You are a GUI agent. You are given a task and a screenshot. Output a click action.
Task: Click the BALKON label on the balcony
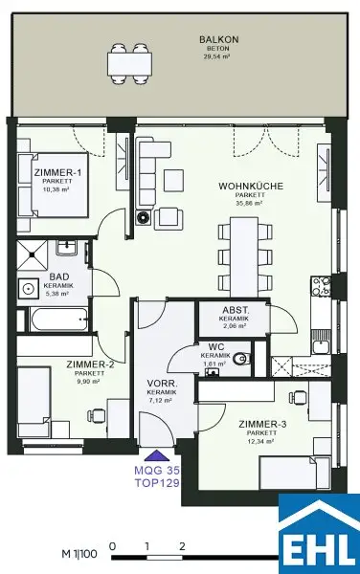[x=212, y=39]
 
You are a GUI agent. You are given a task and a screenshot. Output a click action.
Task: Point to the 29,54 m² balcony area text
[x=212, y=56]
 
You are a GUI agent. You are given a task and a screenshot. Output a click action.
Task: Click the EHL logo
[x=318, y=533]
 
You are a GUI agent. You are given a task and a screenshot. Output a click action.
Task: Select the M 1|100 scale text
[x=80, y=554]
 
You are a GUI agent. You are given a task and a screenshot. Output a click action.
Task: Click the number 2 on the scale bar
[x=182, y=546]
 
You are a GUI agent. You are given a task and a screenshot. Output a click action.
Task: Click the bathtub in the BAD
[x=53, y=320]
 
